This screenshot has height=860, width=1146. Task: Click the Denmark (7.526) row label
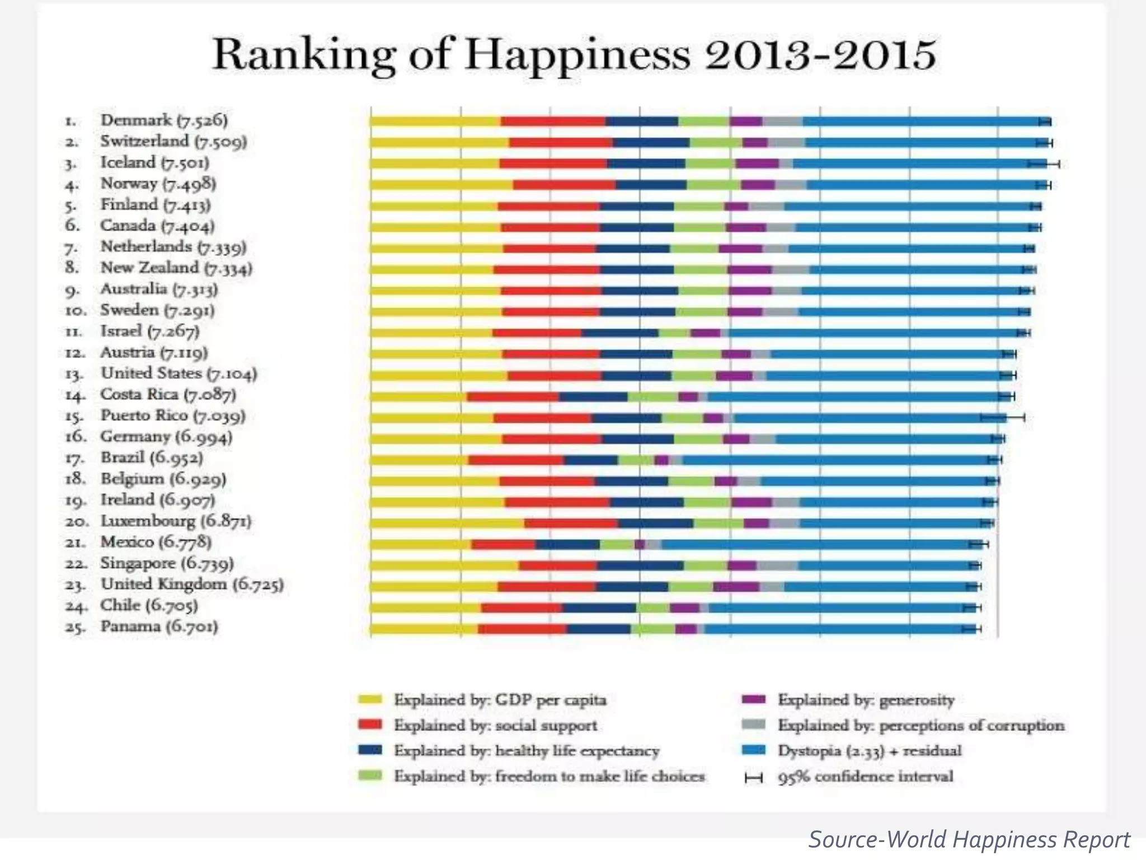(x=163, y=120)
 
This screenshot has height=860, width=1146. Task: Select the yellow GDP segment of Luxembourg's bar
(x=447, y=524)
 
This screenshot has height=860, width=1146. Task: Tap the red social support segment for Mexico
(x=503, y=544)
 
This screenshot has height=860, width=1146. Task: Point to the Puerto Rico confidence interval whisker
(x=1002, y=418)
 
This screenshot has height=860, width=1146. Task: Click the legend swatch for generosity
(x=753, y=700)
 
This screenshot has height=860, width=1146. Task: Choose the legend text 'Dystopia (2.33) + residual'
(x=869, y=751)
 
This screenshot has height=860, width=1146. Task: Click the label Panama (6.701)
(x=159, y=627)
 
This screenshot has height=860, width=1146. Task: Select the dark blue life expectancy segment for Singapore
(x=640, y=565)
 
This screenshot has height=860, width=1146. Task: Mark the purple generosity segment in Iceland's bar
(x=757, y=163)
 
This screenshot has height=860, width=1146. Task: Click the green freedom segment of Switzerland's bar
(x=715, y=143)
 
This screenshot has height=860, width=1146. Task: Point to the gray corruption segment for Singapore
(x=777, y=565)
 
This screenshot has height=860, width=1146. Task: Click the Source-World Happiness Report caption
(x=969, y=840)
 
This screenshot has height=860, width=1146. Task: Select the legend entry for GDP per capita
(x=500, y=700)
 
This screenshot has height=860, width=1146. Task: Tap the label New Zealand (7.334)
(x=176, y=268)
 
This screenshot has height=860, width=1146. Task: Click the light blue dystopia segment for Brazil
(x=834, y=460)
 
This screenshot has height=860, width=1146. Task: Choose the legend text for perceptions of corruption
(x=920, y=726)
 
